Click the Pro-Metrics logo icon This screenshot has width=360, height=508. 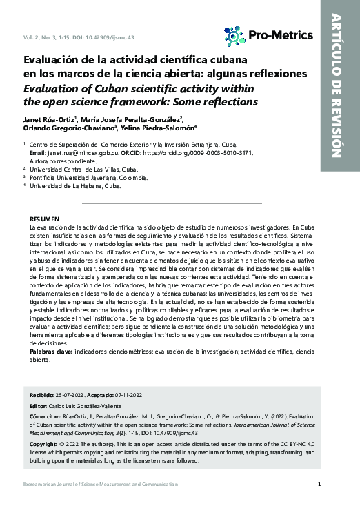[234, 36]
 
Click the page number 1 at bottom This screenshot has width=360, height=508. [319, 484]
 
